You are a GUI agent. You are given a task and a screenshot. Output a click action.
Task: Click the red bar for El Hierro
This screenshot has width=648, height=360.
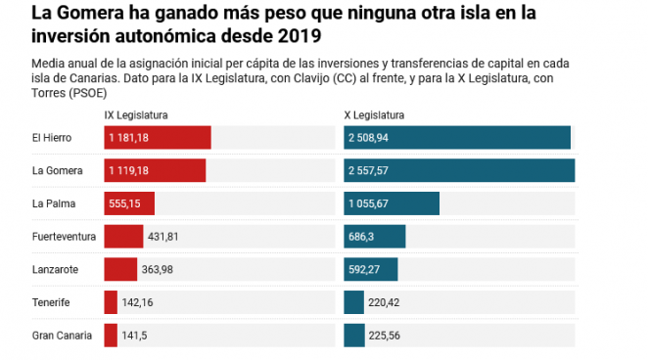tap(158, 138)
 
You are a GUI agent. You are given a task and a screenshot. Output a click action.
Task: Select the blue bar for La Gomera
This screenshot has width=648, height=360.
tap(459, 170)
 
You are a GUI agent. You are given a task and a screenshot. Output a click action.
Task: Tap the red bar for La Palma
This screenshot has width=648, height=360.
tap(129, 203)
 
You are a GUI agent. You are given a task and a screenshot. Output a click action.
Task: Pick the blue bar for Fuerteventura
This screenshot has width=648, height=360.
tap(375, 237)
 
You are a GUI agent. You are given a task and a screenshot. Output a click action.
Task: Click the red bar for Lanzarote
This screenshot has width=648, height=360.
tap(120, 270)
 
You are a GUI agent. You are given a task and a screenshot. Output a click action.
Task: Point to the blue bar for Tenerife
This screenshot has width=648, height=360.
tap(353, 302)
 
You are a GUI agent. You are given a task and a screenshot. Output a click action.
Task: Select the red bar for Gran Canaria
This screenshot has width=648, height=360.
tap(111, 336)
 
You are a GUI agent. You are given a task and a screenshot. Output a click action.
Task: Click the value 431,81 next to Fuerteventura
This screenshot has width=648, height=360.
tap(163, 237)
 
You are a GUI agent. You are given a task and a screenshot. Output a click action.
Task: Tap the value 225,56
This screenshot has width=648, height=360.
tap(385, 336)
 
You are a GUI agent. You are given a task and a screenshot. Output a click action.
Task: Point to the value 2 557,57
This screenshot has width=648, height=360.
tap(368, 171)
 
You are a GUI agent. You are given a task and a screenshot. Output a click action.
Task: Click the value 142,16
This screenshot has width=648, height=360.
tap(137, 302)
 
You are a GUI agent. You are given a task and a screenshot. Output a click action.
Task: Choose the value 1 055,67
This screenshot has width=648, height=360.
tap(368, 203)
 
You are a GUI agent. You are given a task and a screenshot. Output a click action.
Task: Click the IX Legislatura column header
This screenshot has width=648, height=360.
tap(136, 115)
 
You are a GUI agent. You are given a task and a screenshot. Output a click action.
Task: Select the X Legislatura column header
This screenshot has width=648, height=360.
tap(374, 115)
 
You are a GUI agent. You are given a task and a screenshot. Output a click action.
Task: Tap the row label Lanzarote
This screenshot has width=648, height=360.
tap(56, 270)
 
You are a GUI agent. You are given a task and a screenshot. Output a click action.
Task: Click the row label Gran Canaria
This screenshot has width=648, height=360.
tap(62, 336)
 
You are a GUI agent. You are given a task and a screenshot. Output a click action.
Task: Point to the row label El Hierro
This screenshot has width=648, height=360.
tap(52, 138)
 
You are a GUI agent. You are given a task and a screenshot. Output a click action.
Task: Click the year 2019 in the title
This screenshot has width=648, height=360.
tap(300, 36)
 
